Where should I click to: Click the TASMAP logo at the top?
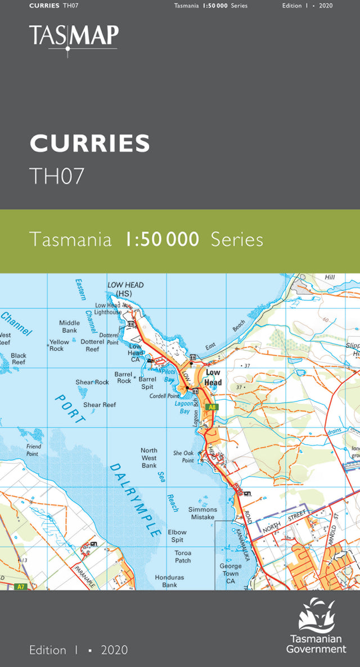tap(74, 37)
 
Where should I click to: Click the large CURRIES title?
tap(90, 144)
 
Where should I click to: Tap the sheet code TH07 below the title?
tap(57, 176)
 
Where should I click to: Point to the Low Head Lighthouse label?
tap(108, 308)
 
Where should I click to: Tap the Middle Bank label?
tap(69, 327)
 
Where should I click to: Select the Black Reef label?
tap(19, 359)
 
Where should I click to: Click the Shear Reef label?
tap(100, 405)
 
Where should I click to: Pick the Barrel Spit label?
tap(147, 383)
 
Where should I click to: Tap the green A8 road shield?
tap(211, 407)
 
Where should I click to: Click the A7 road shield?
tap(21, 587)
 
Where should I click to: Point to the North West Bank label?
tap(149, 458)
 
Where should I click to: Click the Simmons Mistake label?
tap(202, 513)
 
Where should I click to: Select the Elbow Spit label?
tap(177, 535)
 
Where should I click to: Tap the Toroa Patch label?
tap(183, 557)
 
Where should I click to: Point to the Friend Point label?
tap(33, 450)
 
